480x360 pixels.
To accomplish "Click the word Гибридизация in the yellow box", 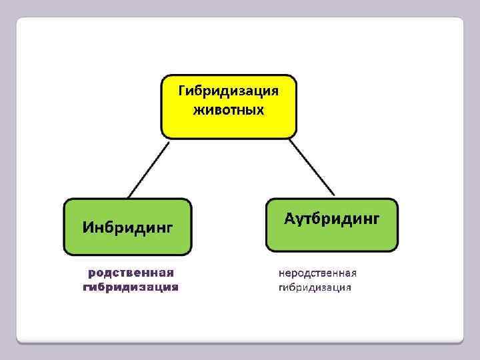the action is point(229,91).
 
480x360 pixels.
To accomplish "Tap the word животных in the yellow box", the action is point(229,109).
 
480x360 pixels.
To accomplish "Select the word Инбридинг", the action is point(127,227).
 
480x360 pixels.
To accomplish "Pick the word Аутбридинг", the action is point(331,218).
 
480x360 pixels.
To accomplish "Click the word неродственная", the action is point(317,273).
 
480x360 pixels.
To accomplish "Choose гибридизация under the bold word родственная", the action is point(131,288).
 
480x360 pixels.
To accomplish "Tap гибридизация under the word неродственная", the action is point(315,288).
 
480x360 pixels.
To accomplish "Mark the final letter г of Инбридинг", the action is point(170,229).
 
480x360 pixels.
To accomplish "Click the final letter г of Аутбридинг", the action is point(375,219).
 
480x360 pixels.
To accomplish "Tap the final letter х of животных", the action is point(261,109).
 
